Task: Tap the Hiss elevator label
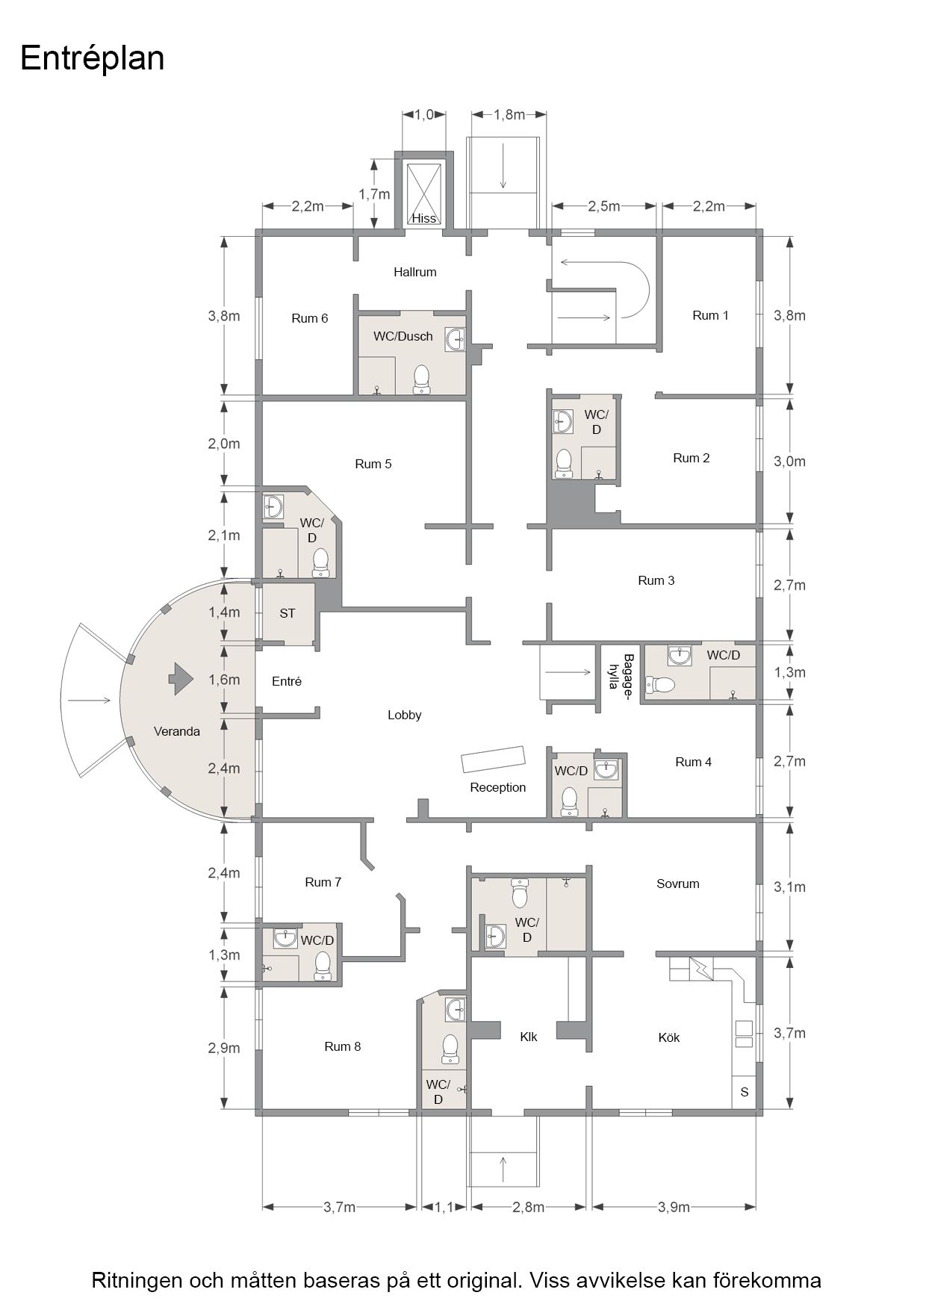point(423,219)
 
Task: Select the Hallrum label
point(415,272)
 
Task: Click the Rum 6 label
point(309,318)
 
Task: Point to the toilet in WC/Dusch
point(422,379)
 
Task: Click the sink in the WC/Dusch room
point(456,339)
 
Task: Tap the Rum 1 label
point(710,315)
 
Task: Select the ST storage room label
point(288,613)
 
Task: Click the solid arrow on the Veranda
point(180,679)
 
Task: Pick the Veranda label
point(177,731)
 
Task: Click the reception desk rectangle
point(494,758)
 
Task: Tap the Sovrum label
point(678,884)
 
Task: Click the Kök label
point(669,1037)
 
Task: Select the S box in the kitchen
point(744,1092)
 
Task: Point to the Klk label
point(529,1037)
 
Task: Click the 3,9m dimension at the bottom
point(674,1207)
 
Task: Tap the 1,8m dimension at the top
point(509,114)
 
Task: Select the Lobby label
point(405,715)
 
